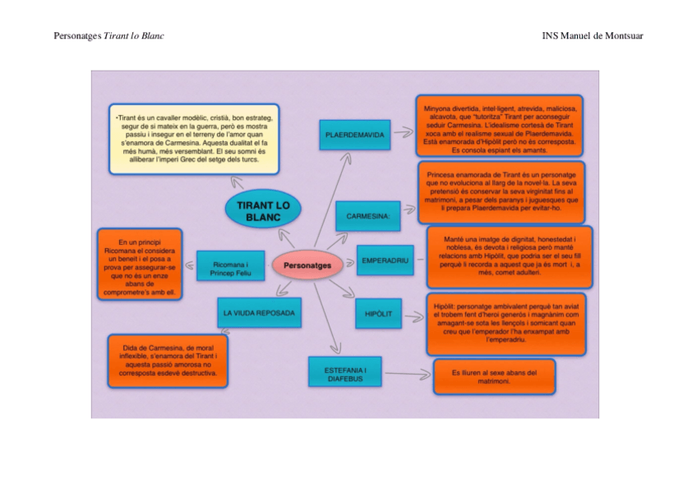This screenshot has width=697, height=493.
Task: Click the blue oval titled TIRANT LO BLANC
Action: pyautogui.click(x=263, y=210)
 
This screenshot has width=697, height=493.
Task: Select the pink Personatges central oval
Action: pyautogui.click(x=307, y=265)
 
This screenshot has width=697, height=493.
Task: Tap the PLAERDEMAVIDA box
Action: pyautogui.click(x=354, y=134)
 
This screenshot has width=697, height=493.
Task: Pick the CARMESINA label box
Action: pyautogui.click(x=367, y=216)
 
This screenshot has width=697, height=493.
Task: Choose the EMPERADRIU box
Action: pyautogui.click(x=385, y=260)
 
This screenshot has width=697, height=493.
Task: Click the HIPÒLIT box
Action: pyautogui.click(x=378, y=314)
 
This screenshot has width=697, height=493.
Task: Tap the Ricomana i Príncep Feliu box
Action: pyautogui.click(x=230, y=268)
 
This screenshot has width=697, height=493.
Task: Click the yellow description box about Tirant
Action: pyautogui.click(x=194, y=138)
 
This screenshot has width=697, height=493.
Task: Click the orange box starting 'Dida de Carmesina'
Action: pyautogui.click(x=168, y=360)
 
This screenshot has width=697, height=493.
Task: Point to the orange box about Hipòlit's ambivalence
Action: pyautogui.click(x=505, y=323)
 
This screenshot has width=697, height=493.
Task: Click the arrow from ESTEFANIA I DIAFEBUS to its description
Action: pyautogui.click(x=408, y=375)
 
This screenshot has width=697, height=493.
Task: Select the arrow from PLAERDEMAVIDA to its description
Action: pyautogui.click(x=402, y=131)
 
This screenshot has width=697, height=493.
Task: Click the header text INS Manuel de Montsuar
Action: pyautogui.click(x=592, y=36)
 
